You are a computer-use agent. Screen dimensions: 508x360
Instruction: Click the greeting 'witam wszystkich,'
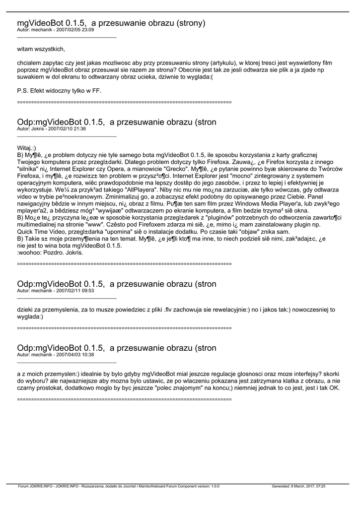coord(41,49)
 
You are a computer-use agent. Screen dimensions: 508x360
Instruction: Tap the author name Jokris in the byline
coord(38,128)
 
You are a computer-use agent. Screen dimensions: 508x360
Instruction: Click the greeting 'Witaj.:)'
coord(26,148)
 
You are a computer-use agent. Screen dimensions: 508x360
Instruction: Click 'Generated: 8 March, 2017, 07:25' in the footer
coord(298,487)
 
